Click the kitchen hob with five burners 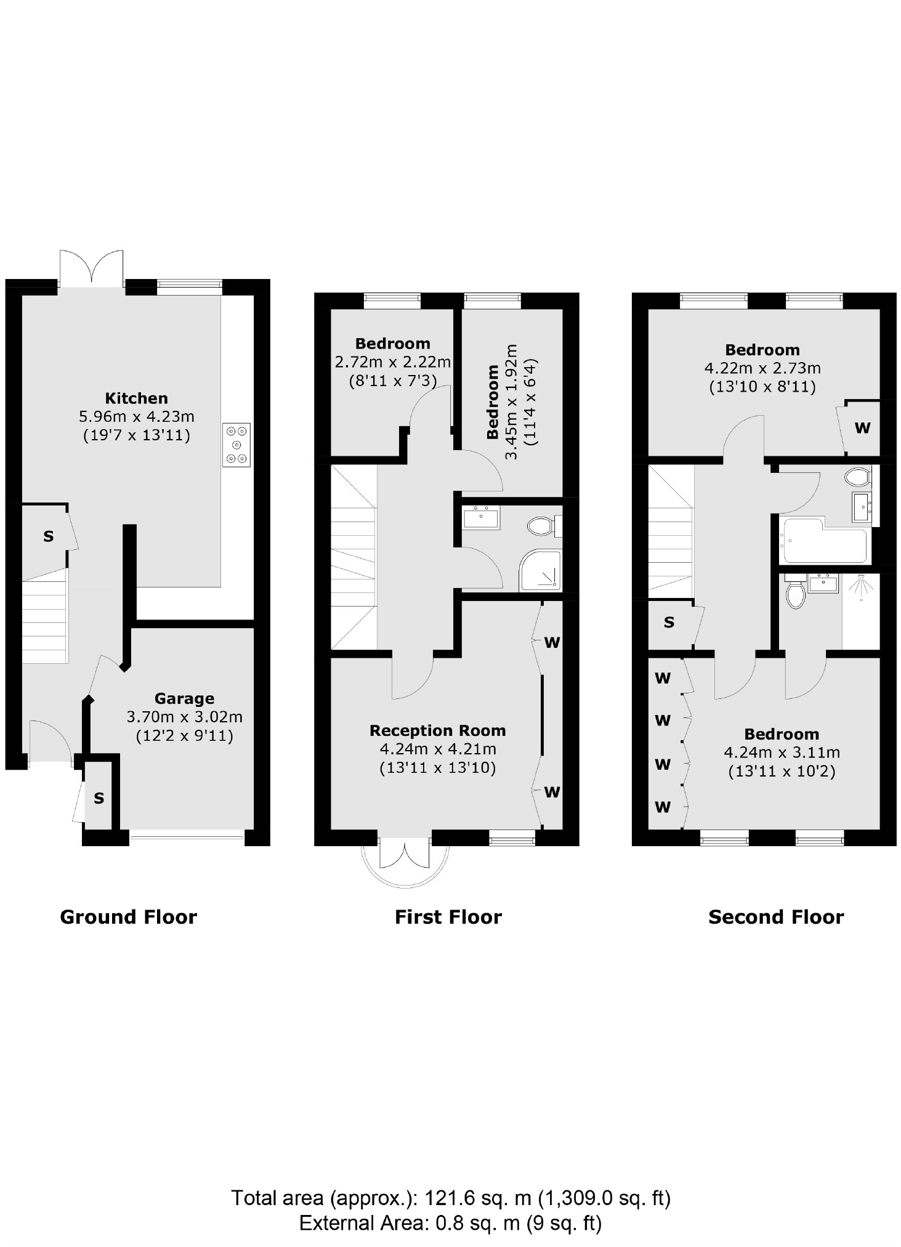(x=236, y=445)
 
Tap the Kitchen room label (x=136, y=398)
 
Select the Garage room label (x=184, y=698)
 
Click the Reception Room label (x=437, y=731)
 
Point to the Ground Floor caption (x=128, y=917)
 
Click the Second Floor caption (x=775, y=917)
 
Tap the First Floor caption (x=448, y=917)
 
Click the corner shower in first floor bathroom (x=541, y=569)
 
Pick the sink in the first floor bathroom (x=482, y=517)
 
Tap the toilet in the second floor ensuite (x=795, y=592)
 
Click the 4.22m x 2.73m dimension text (x=762, y=368)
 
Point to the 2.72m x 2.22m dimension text (x=392, y=361)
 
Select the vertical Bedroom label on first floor (x=493, y=402)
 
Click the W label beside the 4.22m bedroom (x=862, y=427)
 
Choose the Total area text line (x=450, y=1198)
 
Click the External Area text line (x=450, y=1222)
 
